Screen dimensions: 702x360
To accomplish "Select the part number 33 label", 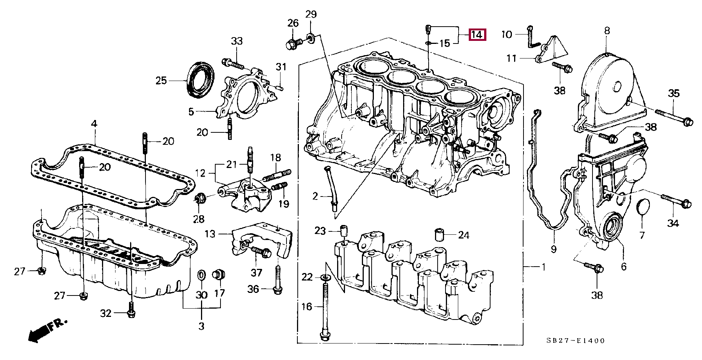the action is tap(237, 41).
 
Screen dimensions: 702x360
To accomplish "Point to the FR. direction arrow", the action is tap(46, 330).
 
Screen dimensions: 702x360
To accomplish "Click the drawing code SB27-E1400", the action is tap(575, 341).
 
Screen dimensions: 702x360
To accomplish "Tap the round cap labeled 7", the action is tap(643, 207).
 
